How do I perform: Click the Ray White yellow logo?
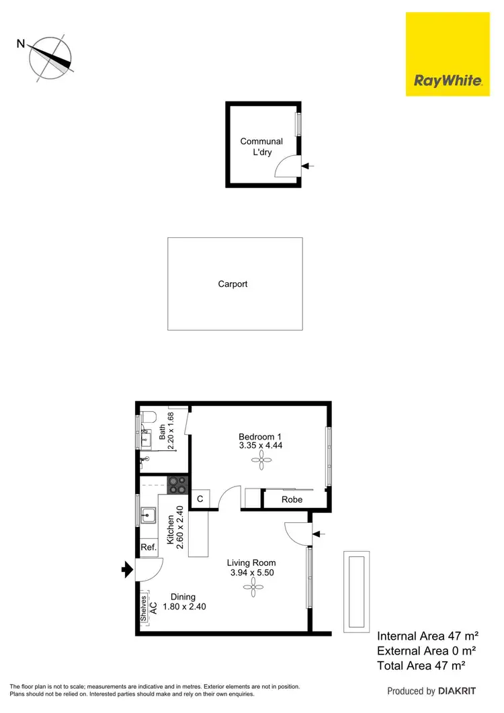pos(448,54)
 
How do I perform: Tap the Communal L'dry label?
pos(261,146)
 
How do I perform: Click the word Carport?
pos(233,284)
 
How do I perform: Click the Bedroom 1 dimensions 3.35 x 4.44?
pos(260,445)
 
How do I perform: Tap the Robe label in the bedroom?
pos(292,500)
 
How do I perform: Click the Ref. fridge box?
pos(149,548)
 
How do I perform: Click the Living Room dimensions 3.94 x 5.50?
pos(251,573)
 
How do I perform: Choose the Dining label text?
pos(183,597)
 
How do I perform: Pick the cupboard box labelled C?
pos(200,499)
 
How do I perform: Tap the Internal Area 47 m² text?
pos(427,636)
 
